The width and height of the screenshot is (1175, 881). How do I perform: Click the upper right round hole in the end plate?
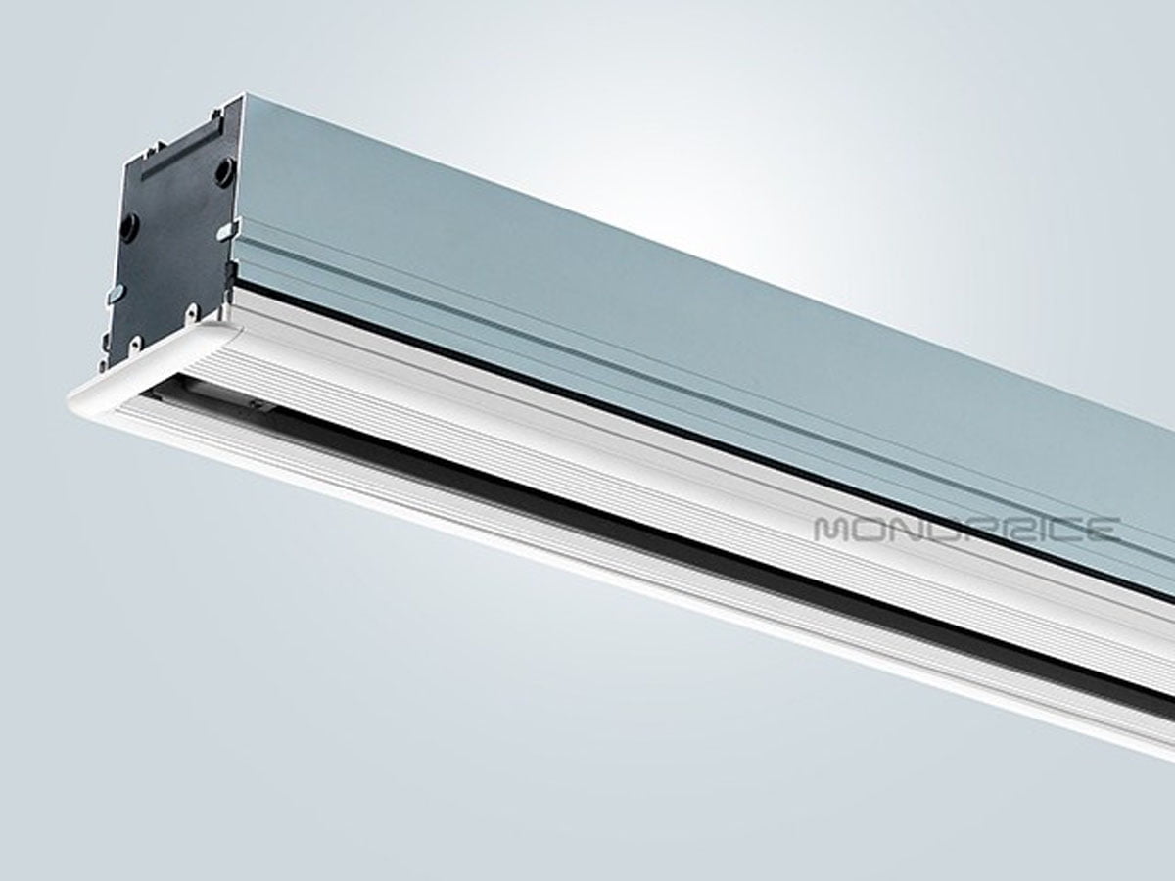pos(224,172)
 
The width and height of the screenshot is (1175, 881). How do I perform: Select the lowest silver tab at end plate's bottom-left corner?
pos(104,364)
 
